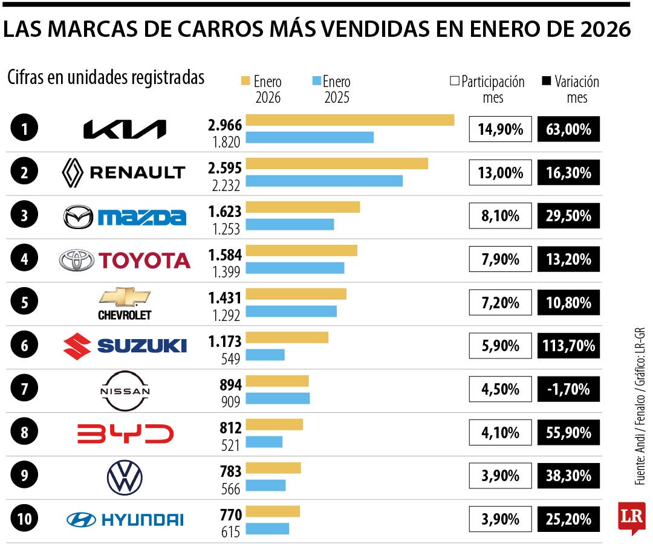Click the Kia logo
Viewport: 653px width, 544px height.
coord(124,129)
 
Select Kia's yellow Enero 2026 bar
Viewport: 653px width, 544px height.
coord(350,120)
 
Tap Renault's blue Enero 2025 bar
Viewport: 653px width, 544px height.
coord(324,181)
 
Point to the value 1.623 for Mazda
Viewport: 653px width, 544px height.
coord(224,212)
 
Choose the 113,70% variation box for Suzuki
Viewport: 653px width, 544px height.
coord(568,346)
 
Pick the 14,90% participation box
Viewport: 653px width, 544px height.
coord(500,129)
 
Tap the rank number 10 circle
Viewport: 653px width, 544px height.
coord(24,519)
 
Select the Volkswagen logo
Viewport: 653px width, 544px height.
coord(125,478)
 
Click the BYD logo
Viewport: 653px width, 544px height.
coord(125,433)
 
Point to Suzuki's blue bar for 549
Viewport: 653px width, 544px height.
coord(265,355)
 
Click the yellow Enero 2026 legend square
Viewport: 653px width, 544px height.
coord(245,82)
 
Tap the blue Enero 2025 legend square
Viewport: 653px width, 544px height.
coord(316,82)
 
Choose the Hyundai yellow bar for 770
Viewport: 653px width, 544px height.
coord(273,511)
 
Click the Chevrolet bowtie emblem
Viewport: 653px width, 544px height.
coord(125,296)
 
